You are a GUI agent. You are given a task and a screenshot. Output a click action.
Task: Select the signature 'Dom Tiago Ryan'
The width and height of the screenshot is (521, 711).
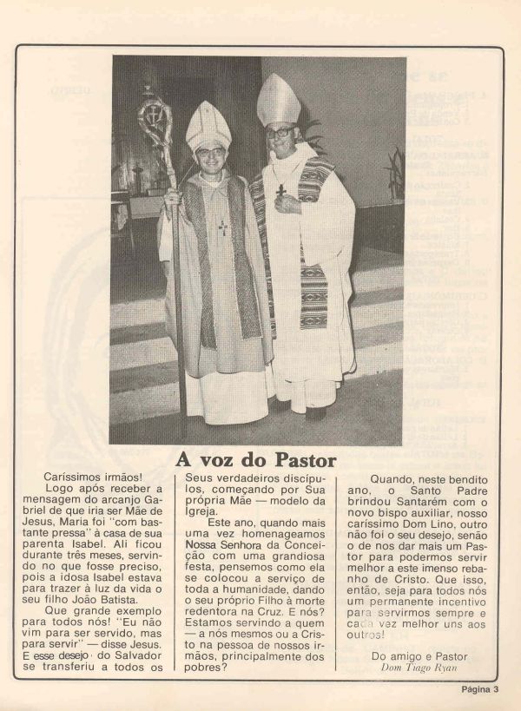click(x=413, y=666)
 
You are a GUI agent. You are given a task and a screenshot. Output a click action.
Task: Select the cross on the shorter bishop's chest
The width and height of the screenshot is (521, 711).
click(x=222, y=227)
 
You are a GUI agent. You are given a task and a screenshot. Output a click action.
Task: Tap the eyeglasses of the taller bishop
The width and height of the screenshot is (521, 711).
click(x=280, y=132)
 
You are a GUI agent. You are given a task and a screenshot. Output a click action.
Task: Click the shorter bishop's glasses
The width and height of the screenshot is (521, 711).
click(x=211, y=151)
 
